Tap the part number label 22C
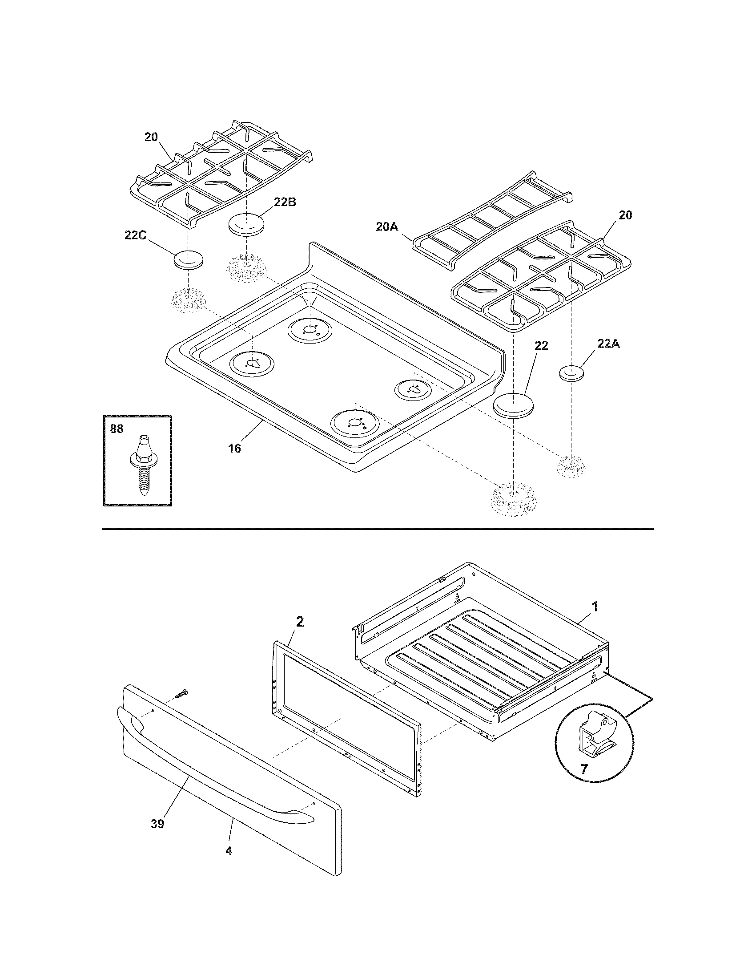coord(135,235)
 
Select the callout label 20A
coord(387,227)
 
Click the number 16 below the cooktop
coord(234,448)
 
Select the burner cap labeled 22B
coord(245,224)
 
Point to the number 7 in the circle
coord(584,769)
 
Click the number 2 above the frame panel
coord(300,621)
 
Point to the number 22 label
coord(541,346)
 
